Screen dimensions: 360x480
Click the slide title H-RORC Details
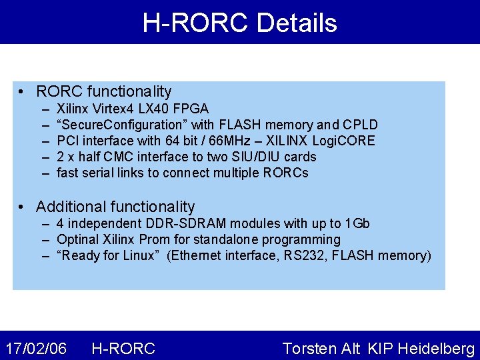pyautogui.click(x=240, y=23)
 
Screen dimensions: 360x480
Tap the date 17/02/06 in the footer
pyautogui.click(x=36, y=348)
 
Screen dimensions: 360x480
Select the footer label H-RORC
pyautogui.click(x=123, y=348)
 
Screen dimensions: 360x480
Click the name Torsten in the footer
pyautogui.click(x=311, y=348)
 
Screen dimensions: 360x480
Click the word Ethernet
pyautogui.click(x=198, y=255)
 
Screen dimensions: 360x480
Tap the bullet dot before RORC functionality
pyautogui.click(x=23, y=92)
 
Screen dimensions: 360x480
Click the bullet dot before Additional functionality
pyautogui.click(x=23, y=207)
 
